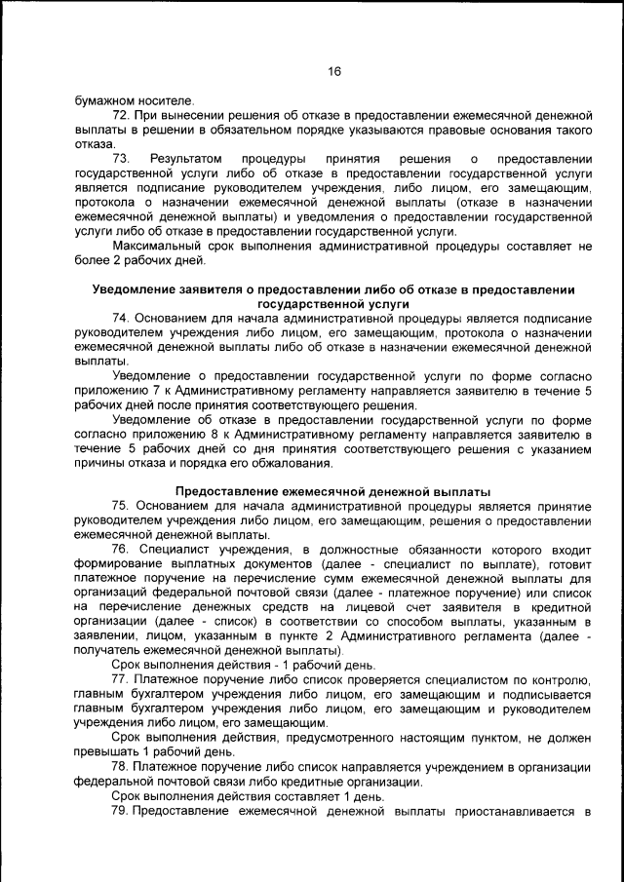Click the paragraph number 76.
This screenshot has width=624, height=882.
coord(122,550)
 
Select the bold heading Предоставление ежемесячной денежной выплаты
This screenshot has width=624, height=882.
coord(332,491)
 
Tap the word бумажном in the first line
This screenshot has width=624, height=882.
coord(103,99)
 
